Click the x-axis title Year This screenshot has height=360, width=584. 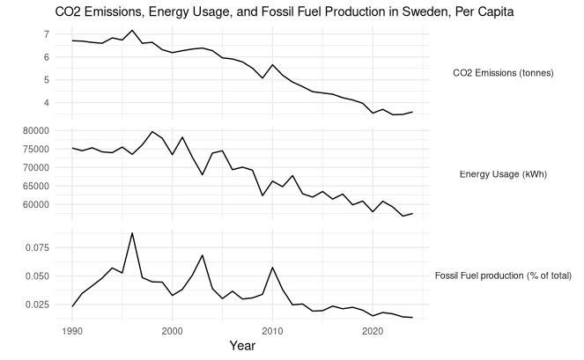(241, 347)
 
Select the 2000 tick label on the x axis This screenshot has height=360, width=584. (173, 331)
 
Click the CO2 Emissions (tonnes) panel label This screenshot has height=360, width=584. (502, 73)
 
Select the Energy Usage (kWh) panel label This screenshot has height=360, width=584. (503, 174)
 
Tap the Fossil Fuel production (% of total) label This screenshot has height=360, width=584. (503, 276)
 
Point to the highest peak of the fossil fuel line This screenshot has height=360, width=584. (132, 233)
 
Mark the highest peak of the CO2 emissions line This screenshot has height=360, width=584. (132, 31)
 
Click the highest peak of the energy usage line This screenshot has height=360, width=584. (152, 132)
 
